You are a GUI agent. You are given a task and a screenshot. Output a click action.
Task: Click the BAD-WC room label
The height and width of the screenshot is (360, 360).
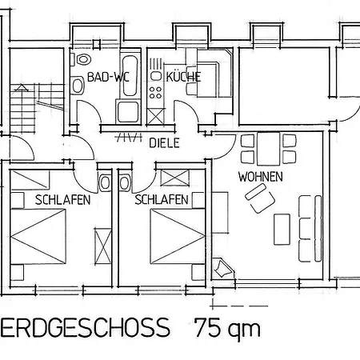tap(108, 77)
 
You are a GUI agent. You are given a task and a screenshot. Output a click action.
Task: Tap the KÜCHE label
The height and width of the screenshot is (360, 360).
tap(183, 77)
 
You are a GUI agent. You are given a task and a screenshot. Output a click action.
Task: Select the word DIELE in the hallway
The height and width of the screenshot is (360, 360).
tap(164, 143)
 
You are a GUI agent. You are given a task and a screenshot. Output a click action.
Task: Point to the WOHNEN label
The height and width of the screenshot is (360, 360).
tap(261, 177)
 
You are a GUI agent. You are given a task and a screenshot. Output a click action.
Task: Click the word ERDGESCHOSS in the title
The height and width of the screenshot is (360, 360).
tap(85, 327)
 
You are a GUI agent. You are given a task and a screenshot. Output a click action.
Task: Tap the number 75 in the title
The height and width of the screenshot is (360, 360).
tap(209, 327)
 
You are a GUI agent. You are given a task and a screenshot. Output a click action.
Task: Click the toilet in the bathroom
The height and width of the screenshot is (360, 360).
tap(83, 59)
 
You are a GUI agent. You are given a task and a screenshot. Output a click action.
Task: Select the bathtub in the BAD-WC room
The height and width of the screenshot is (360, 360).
tap(130, 75)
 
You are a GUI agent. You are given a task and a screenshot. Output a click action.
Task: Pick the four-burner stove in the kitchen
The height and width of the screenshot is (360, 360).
tap(155, 92)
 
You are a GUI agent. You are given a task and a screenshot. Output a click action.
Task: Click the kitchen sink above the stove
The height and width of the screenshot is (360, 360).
tap(156, 76)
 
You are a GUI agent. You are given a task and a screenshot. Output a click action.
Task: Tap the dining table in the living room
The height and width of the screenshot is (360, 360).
tap(269, 150)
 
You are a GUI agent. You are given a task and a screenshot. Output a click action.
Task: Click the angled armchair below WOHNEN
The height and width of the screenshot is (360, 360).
tap(260, 198)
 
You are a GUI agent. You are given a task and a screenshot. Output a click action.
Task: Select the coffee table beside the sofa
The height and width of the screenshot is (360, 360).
tap(282, 230)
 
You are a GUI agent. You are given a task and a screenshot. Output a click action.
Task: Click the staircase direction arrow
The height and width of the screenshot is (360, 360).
tap(21, 87)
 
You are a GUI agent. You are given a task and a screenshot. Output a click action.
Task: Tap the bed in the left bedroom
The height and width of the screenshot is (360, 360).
tap(38, 236)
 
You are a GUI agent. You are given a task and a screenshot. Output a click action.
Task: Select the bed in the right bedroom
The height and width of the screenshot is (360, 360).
tap(178, 236)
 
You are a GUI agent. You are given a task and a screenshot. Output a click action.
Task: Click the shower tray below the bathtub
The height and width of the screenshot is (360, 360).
tap(128, 111)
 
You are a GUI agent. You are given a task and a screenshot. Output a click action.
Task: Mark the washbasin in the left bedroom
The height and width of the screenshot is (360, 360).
tap(105, 183)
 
